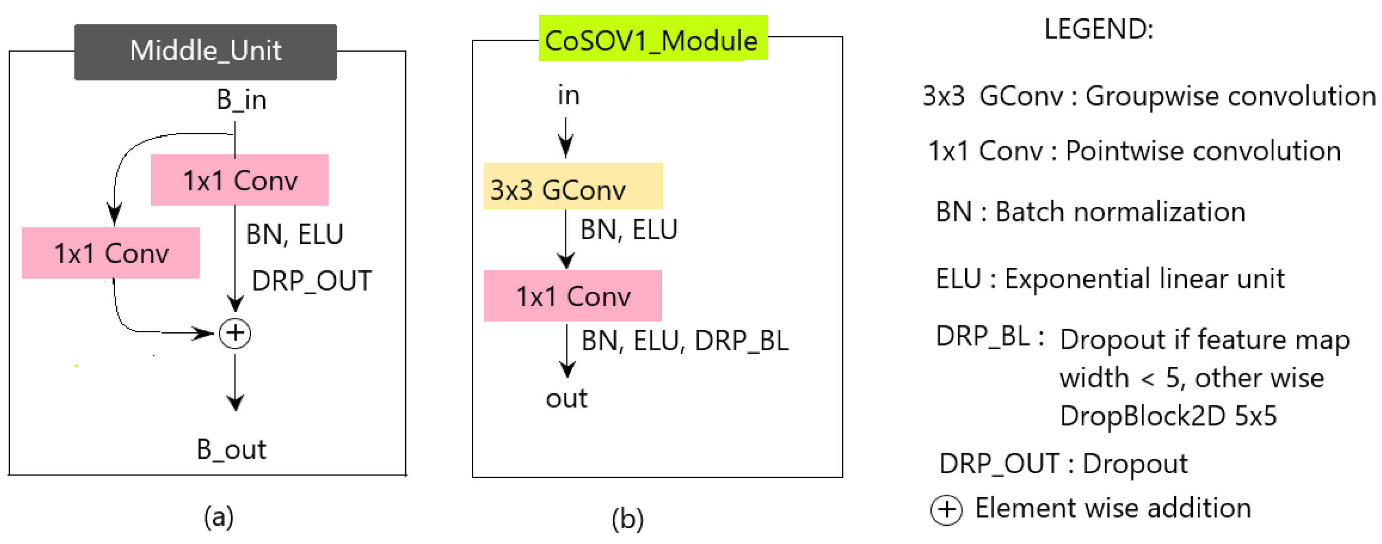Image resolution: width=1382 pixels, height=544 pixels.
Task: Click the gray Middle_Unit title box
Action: pyautogui.click(x=206, y=52)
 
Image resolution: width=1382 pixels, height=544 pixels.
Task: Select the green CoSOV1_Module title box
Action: pyautogui.click(x=652, y=39)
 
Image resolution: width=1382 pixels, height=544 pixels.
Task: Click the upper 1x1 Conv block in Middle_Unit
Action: pyautogui.click(x=239, y=180)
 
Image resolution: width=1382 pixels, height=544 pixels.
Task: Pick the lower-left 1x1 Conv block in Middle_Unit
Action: pyautogui.click(x=111, y=253)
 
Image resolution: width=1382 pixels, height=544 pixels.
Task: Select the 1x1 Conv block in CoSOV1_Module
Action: pyautogui.click(x=572, y=296)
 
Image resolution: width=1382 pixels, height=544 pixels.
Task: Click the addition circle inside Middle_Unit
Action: pyautogui.click(x=235, y=333)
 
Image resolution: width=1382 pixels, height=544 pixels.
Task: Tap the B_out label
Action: pyautogui.click(x=231, y=449)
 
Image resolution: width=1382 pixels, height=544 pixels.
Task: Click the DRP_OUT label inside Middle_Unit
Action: pyautogui.click(x=312, y=281)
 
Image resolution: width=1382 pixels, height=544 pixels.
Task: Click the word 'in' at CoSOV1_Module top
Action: pyautogui.click(x=569, y=96)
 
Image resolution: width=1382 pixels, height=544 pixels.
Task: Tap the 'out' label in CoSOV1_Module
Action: pyautogui.click(x=567, y=399)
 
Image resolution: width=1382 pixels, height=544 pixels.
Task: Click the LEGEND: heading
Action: pyautogui.click(x=1099, y=29)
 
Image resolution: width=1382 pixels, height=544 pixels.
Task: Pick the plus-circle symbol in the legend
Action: pyautogui.click(x=946, y=509)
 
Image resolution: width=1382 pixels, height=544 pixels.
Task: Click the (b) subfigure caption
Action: pyautogui.click(x=627, y=518)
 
